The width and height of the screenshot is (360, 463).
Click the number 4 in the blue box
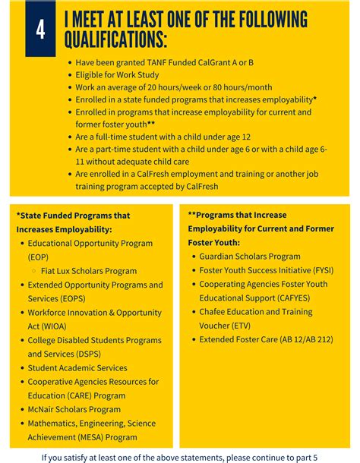[40, 30]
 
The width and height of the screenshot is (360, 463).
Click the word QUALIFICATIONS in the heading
[115, 40]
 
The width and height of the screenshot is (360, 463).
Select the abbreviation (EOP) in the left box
[38, 257]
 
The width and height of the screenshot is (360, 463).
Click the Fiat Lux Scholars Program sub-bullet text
[90, 271]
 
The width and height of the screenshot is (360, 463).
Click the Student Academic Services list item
[77, 368]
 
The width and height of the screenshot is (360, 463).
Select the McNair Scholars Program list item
[74, 409]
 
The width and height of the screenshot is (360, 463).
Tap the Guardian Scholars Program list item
[250, 257]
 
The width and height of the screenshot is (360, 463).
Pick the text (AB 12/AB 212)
[306, 339]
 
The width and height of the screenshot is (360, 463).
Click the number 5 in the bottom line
[315, 458]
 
